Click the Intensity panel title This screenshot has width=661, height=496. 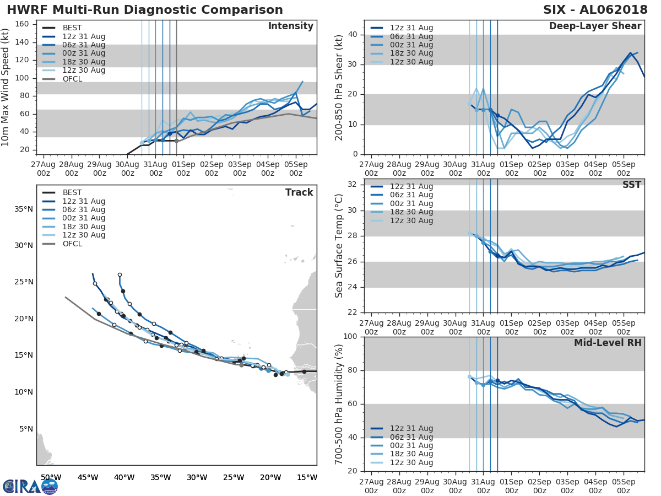[x=290, y=26]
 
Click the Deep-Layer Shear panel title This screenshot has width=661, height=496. [x=595, y=26]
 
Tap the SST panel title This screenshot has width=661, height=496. [x=631, y=185]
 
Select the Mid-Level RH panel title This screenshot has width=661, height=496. [x=608, y=343]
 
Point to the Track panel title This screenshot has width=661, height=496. [x=299, y=192]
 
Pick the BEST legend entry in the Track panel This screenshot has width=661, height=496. [x=72, y=192]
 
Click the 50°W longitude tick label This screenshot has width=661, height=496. [x=51, y=477]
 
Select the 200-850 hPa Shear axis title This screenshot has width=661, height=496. [x=340, y=87]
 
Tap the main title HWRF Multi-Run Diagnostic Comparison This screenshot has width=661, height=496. [x=145, y=10]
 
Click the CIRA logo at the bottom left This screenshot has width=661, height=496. [x=30, y=486]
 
